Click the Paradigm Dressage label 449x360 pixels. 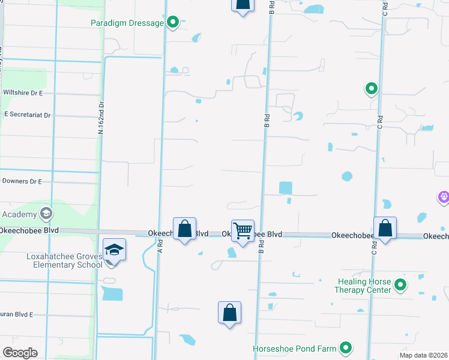pyautogui.click(x=127, y=23)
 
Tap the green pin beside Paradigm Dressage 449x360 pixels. pyautogui.click(x=173, y=23)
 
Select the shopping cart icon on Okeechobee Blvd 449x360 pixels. pyautogui.click(x=243, y=230)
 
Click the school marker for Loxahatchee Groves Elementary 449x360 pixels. pyautogui.click(x=113, y=250)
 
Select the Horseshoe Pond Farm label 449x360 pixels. pyautogui.click(x=294, y=348)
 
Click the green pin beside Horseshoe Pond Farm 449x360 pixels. pyautogui.click(x=346, y=347)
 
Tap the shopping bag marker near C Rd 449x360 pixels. pyautogui.click(x=385, y=228)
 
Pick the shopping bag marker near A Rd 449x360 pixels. pyautogui.click(x=185, y=229)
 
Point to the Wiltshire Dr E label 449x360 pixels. pyautogui.click(x=23, y=93)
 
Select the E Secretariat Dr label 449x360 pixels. pyautogui.click(x=27, y=114)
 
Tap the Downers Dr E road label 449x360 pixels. pyautogui.click(x=22, y=181)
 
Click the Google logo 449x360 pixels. pyautogui.click(x=20, y=352)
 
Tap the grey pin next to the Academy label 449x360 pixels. pyautogui.click(x=46, y=213)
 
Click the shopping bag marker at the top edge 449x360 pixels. pyautogui.click(x=243, y=5)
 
